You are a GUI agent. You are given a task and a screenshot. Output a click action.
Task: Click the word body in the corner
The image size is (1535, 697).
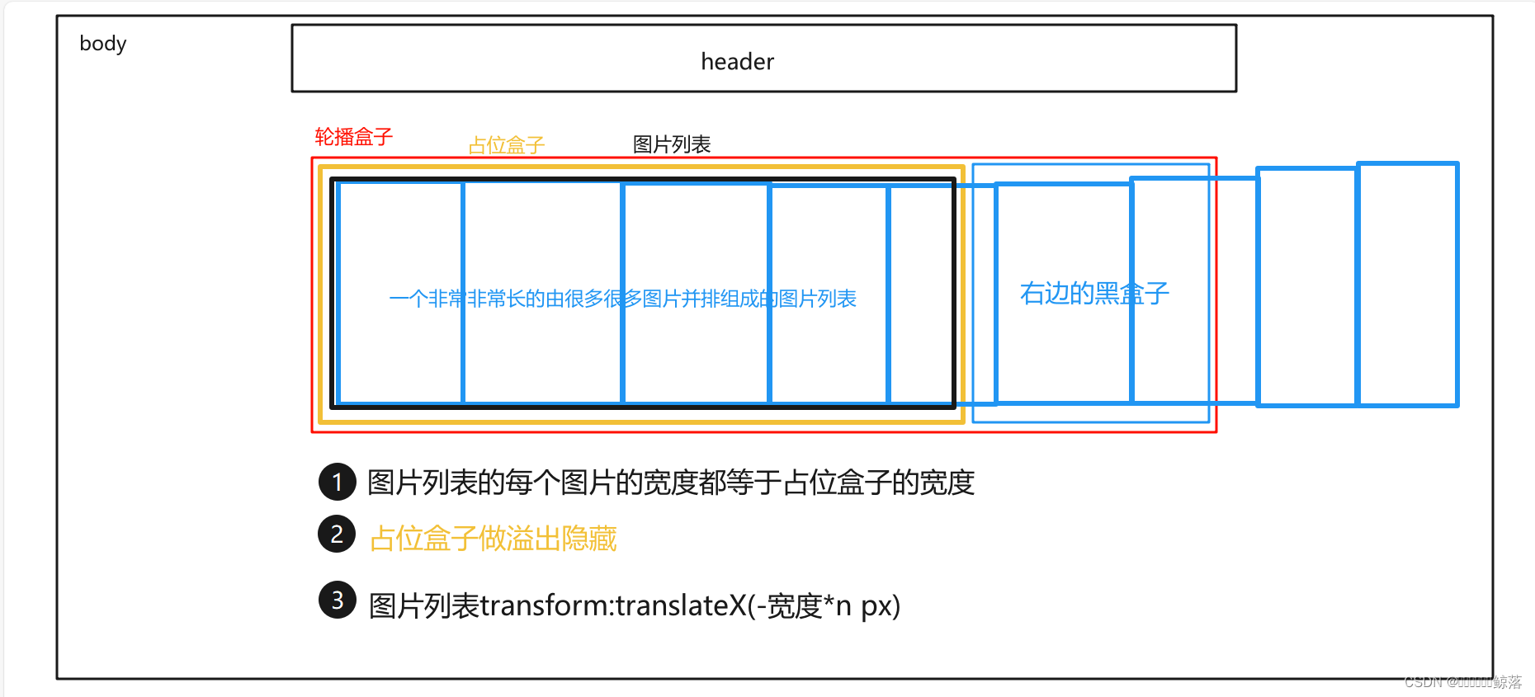(x=103, y=44)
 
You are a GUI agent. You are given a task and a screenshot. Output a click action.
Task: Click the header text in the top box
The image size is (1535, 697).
(x=737, y=62)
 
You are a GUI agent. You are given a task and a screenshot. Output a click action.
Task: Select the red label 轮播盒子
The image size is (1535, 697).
(x=353, y=137)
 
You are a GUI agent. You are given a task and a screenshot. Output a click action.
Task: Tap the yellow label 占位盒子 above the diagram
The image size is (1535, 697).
(x=506, y=146)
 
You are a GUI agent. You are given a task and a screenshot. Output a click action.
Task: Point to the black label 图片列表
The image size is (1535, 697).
(x=671, y=145)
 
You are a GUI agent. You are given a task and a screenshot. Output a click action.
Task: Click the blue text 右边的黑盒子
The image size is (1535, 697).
(x=1093, y=294)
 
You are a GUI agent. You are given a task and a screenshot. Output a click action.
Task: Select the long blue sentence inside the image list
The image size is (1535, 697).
(x=622, y=299)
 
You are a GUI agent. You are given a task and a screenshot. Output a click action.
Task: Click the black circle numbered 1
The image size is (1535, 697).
(x=337, y=483)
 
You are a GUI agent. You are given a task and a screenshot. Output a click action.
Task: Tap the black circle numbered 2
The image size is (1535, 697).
(x=337, y=535)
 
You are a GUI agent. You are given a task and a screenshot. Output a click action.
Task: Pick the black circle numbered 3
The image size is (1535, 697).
(x=337, y=600)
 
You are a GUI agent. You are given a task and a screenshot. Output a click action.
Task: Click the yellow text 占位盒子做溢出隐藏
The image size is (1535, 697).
(x=493, y=539)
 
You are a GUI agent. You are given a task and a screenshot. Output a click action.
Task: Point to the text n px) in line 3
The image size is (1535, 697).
(x=867, y=606)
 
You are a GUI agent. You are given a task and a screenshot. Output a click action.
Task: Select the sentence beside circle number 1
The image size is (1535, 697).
(x=670, y=483)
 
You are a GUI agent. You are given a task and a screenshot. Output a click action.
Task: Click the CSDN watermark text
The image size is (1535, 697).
(x=1462, y=682)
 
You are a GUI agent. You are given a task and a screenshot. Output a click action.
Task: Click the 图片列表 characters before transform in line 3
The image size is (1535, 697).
(x=424, y=606)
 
